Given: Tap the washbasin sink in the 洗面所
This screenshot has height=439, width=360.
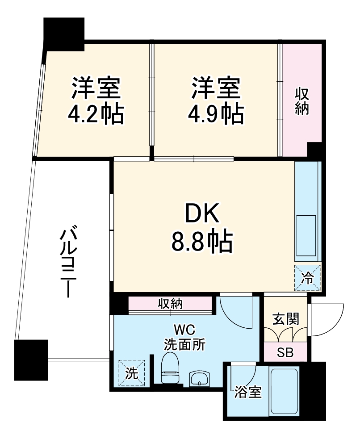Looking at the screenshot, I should [199, 379].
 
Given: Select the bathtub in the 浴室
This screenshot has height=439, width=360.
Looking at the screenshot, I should [284, 391].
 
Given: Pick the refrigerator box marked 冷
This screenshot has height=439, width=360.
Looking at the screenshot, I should [308, 278].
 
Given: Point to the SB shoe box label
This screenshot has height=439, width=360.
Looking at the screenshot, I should [285, 352].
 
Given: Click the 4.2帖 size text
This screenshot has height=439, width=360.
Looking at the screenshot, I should [96, 115].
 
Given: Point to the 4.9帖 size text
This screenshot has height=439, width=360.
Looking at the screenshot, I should [216, 115].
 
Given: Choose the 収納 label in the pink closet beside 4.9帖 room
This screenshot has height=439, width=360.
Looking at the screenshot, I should [302, 102].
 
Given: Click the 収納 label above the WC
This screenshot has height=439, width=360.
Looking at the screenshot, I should [170, 305].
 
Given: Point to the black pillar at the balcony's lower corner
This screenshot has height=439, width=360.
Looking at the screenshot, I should [31, 360].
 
